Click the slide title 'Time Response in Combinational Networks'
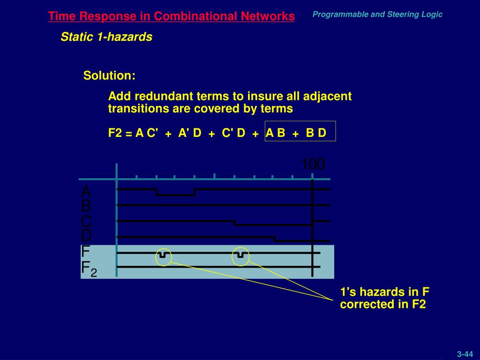tap(171, 17)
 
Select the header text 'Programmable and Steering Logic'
tap(377, 15)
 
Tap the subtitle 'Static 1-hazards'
tap(106, 37)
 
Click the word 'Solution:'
tap(109, 75)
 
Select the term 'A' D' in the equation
tap(190, 133)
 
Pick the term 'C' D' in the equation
tap(233, 133)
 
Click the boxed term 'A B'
tap(275, 133)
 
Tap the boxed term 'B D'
tap(316, 133)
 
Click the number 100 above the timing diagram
tap(313, 165)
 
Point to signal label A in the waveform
tap(86, 192)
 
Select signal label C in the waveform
tap(86, 221)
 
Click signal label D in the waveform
tap(86, 235)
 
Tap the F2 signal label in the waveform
tap(89, 269)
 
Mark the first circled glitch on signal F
tap(163, 255)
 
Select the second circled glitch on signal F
tap(240, 255)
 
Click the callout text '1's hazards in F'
tap(385, 292)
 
